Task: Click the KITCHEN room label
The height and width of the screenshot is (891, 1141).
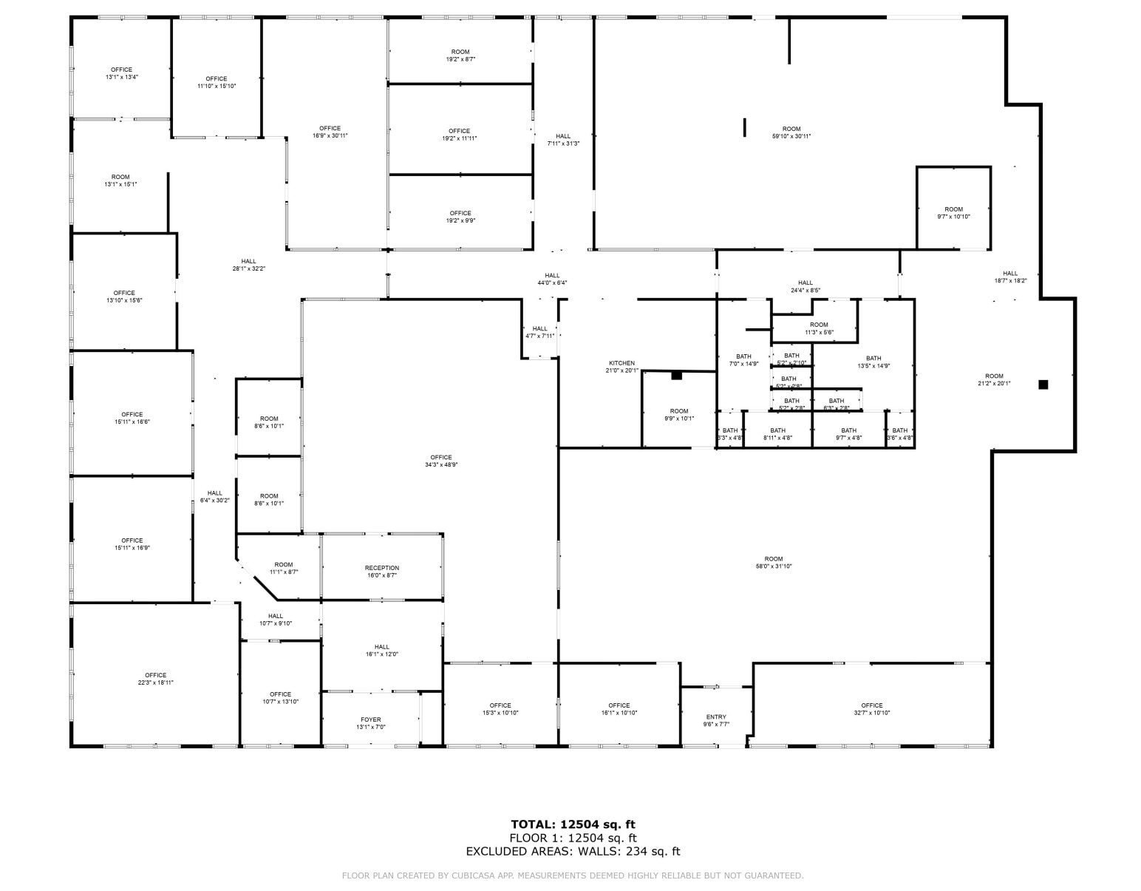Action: point(621,367)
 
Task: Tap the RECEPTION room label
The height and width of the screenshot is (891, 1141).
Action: point(382,572)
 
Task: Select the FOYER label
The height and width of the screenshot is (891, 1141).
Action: point(371,723)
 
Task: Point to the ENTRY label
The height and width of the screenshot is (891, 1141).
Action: point(716,720)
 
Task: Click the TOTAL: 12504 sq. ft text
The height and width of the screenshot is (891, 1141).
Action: point(573,824)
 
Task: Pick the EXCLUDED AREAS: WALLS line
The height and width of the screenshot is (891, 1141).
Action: point(573,851)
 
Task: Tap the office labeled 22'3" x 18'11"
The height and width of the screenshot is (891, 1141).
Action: point(156,679)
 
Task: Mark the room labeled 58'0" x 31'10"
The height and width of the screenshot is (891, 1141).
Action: point(774,563)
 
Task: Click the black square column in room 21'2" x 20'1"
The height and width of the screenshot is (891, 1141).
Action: point(1043,384)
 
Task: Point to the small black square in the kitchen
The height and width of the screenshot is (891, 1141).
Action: point(676,376)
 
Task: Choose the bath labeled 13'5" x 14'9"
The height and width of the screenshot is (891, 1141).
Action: point(873,362)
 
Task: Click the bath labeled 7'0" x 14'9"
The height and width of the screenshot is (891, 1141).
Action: point(743,360)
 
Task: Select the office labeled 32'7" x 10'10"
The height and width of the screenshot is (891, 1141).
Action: point(872,709)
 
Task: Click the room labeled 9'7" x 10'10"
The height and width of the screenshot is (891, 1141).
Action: point(953,213)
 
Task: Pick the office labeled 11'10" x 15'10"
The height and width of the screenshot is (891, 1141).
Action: point(217,82)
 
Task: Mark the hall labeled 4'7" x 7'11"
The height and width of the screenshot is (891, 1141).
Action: point(540,332)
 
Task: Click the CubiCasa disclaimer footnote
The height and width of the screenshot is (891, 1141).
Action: point(573,875)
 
